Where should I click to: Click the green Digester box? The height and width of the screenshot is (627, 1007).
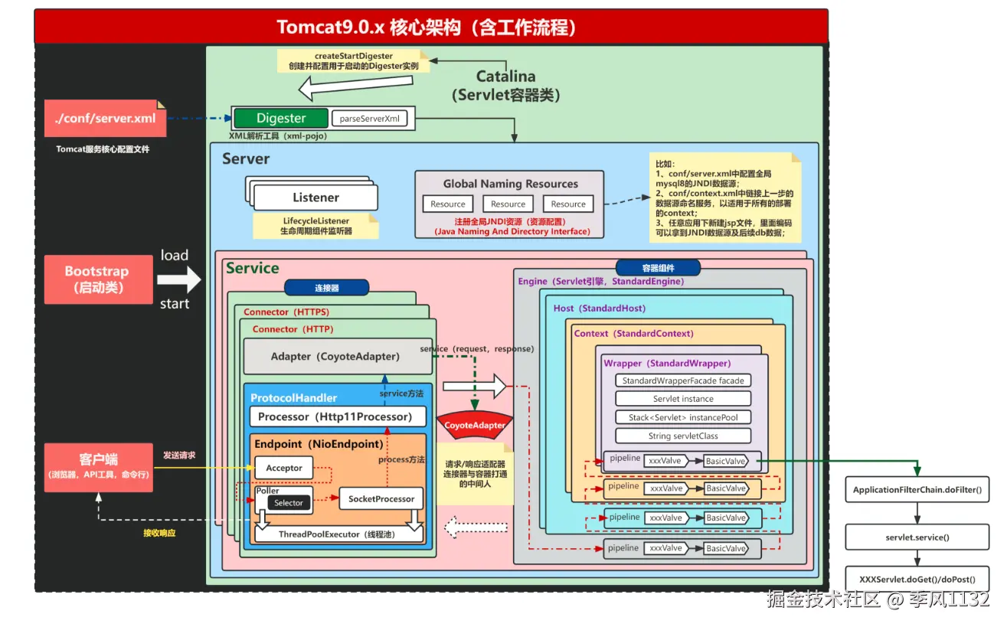pos(280,118)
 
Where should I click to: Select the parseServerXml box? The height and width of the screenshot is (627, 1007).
pos(369,119)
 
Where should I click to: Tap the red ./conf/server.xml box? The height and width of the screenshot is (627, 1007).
pos(105,119)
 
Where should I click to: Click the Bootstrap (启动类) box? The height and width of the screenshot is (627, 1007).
pos(97,279)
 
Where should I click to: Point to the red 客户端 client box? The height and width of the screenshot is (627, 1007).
pos(98,466)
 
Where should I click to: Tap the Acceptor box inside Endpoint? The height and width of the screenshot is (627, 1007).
pos(284,468)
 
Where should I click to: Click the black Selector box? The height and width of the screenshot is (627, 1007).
pos(289,503)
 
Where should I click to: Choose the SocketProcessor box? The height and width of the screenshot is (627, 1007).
pos(381,498)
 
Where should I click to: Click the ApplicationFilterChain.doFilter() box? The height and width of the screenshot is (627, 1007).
pos(917,489)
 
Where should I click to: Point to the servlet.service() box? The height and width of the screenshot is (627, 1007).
pos(917,537)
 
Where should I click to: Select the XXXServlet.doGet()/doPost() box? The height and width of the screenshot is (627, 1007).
pos(917,580)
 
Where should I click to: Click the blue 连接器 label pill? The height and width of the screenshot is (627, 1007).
pos(327,288)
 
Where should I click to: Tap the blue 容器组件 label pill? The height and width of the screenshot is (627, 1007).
pos(659,268)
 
